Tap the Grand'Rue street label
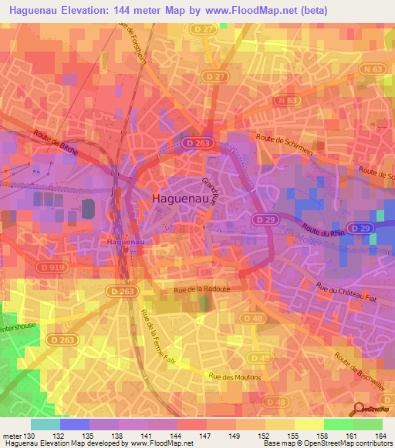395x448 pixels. point(211,190)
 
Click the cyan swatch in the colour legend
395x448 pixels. point(46,424)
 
